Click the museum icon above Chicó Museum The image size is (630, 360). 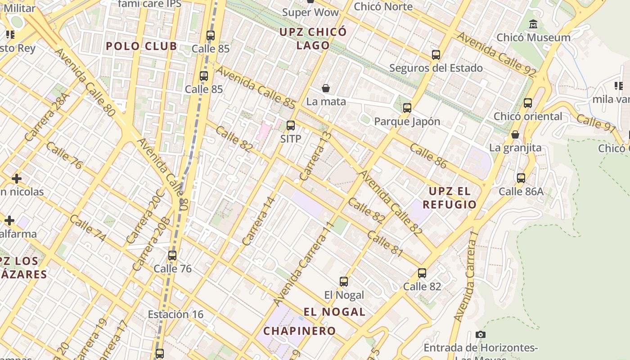pyautogui.click(x=534, y=24)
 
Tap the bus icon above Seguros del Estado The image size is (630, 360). pyautogui.click(x=436, y=55)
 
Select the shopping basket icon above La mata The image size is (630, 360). pyautogui.click(x=326, y=88)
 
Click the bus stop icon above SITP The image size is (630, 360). pyautogui.click(x=291, y=126)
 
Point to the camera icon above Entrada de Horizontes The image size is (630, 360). pyautogui.click(x=481, y=334)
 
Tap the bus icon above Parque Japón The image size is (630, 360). pyautogui.click(x=407, y=108)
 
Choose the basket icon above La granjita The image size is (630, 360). pyautogui.click(x=515, y=135)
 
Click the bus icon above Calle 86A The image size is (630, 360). pyautogui.click(x=521, y=178)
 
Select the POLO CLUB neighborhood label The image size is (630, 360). pyautogui.click(x=141, y=46)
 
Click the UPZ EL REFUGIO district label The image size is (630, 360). pyautogui.click(x=452, y=198)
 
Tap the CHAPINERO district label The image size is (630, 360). pyautogui.click(x=300, y=331)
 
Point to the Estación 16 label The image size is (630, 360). pyautogui.click(x=175, y=314)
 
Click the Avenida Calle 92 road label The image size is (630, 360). pyautogui.click(x=497, y=53)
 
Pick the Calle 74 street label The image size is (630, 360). pyautogui.click(x=87, y=228)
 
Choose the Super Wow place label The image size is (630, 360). pyautogui.click(x=310, y=12)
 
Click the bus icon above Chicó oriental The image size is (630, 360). pyautogui.click(x=528, y=103)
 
